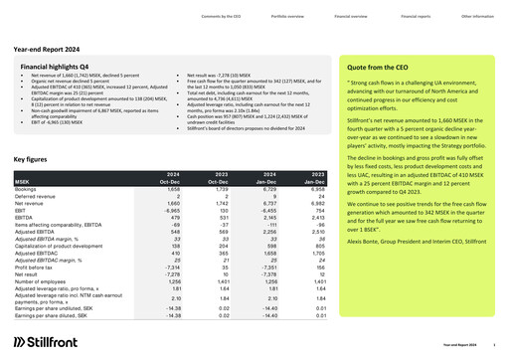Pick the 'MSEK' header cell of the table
coord(23,182)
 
